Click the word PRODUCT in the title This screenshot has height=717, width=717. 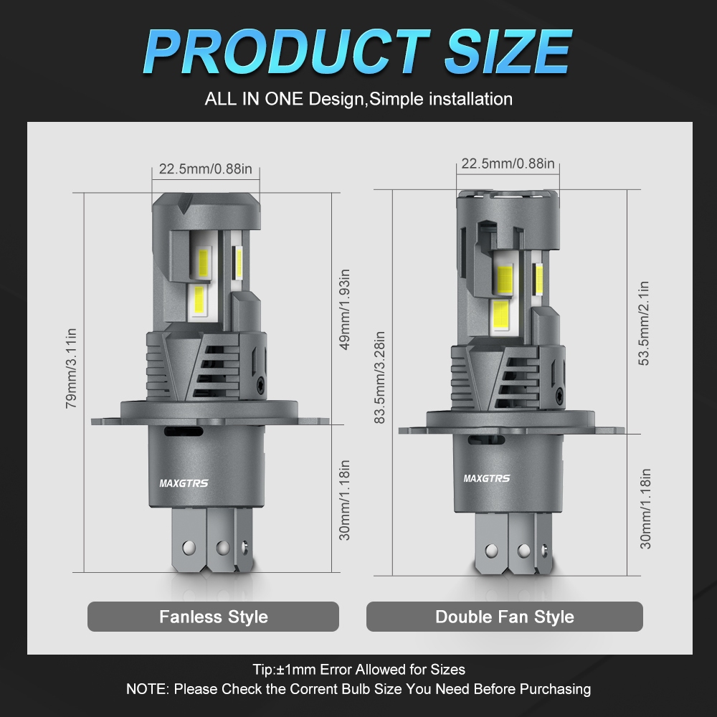pos(287,51)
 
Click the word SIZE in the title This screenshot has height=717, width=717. pos(508,51)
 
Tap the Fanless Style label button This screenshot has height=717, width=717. pos(213,617)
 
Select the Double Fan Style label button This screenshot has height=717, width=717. pos(504,617)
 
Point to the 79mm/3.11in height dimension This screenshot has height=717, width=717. pos(71,368)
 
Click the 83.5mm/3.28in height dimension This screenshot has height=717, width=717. pos(379,378)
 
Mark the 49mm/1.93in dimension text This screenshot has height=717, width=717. pos(344,309)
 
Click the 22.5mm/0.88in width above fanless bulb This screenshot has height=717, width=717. pos(205,168)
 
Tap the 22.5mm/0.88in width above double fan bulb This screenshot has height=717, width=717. pos(508,163)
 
